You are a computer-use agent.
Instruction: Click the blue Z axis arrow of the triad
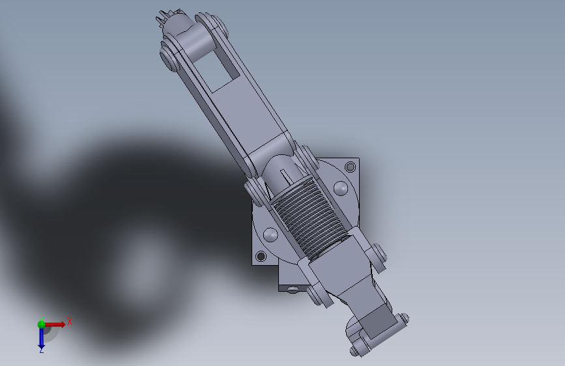tap(41, 337)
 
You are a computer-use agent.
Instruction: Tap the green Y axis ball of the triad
tap(41, 324)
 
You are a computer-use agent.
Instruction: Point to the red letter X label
tap(69, 321)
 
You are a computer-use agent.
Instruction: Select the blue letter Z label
tap(41, 350)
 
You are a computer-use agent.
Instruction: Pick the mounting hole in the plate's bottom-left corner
tap(261, 257)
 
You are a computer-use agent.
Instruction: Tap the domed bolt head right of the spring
tap(341, 188)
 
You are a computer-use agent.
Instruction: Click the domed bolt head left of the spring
tap(270, 234)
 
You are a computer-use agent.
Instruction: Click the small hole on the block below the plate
tap(293, 289)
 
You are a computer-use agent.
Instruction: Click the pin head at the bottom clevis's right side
tap(404, 319)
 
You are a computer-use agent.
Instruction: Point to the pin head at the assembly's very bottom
tap(355, 351)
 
